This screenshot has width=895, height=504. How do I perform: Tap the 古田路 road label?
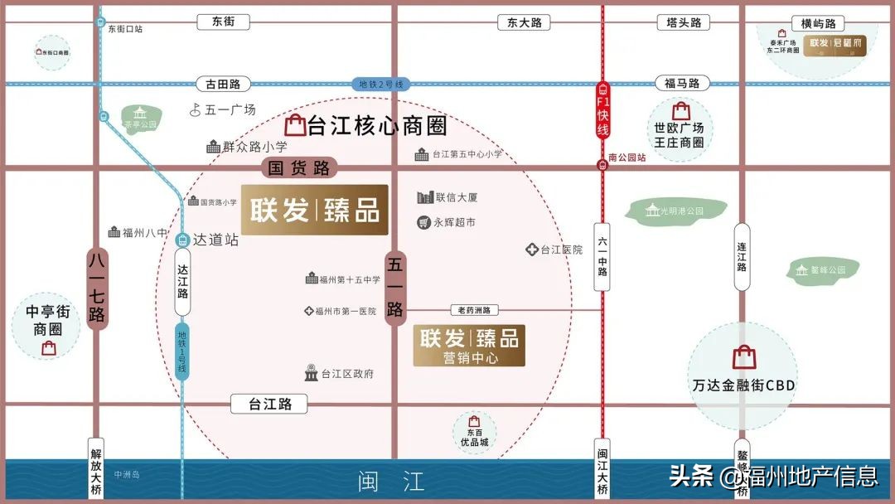[223, 84]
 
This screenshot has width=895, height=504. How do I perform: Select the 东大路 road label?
[525, 22]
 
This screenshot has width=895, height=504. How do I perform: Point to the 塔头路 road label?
[684, 22]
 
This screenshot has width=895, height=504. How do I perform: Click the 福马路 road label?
[682, 83]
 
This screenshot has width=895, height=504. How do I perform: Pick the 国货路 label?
[300, 168]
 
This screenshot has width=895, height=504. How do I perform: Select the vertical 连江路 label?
[742, 256]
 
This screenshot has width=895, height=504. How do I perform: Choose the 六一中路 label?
[602, 256]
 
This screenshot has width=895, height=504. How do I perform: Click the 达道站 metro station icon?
[181, 240]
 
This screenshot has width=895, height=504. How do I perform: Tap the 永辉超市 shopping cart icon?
[424, 222]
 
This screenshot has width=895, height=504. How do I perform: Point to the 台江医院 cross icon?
[531, 250]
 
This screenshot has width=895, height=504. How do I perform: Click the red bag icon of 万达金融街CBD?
[743, 357]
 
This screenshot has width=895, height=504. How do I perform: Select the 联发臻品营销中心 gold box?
[469, 345]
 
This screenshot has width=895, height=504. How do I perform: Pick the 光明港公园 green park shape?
[674, 211]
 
